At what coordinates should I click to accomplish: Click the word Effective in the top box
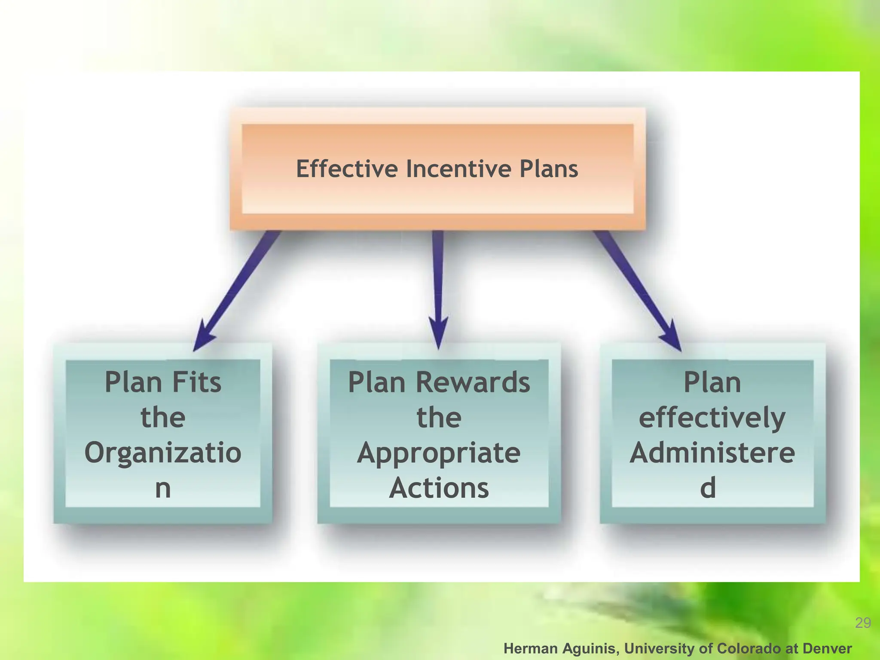tap(347, 168)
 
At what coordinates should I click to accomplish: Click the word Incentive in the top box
tap(458, 168)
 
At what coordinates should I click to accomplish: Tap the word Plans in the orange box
tap(549, 168)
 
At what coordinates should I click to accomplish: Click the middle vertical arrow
tap(438, 288)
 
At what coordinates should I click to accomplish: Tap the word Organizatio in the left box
tap(163, 453)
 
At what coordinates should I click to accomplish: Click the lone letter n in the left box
tap(163, 489)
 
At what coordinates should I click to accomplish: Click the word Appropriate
tap(439, 453)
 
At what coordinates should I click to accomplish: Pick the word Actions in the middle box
tap(439, 488)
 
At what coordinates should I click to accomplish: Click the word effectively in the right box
tap(712, 418)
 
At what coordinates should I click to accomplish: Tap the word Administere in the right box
tap(712, 453)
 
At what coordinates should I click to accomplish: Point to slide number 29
tap(863, 623)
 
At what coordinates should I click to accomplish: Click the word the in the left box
tap(163, 417)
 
